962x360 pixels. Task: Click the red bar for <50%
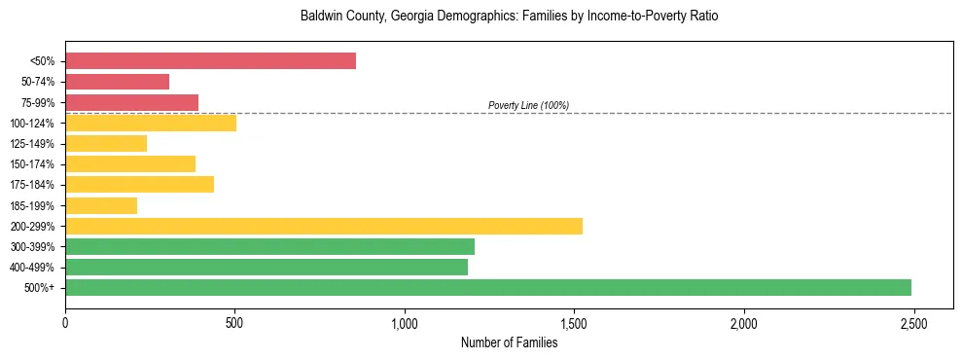click(x=210, y=60)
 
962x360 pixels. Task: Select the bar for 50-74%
click(x=117, y=82)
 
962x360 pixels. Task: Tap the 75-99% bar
click(x=131, y=102)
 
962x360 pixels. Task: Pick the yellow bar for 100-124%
click(x=151, y=123)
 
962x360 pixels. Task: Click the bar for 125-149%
click(x=106, y=143)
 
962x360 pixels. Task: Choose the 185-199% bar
click(x=101, y=205)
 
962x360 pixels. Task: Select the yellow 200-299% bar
click(x=324, y=226)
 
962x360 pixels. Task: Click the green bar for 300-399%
click(x=269, y=246)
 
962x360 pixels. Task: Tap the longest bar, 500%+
click(x=488, y=287)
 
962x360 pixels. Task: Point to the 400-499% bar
click(x=267, y=267)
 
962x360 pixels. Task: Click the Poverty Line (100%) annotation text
click(x=528, y=105)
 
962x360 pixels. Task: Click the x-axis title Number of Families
click(x=509, y=342)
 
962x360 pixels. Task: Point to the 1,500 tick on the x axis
click(x=574, y=322)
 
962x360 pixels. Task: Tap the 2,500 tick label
click(x=913, y=322)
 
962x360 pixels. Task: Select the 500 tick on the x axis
click(x=234, y=322)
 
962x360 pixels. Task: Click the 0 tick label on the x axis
click(x=65, y=322)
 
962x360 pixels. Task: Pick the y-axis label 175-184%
click(x=32, y=185)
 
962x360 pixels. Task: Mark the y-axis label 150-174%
click(x=32, y=164)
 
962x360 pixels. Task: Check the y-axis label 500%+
click(x=42, y=288)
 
